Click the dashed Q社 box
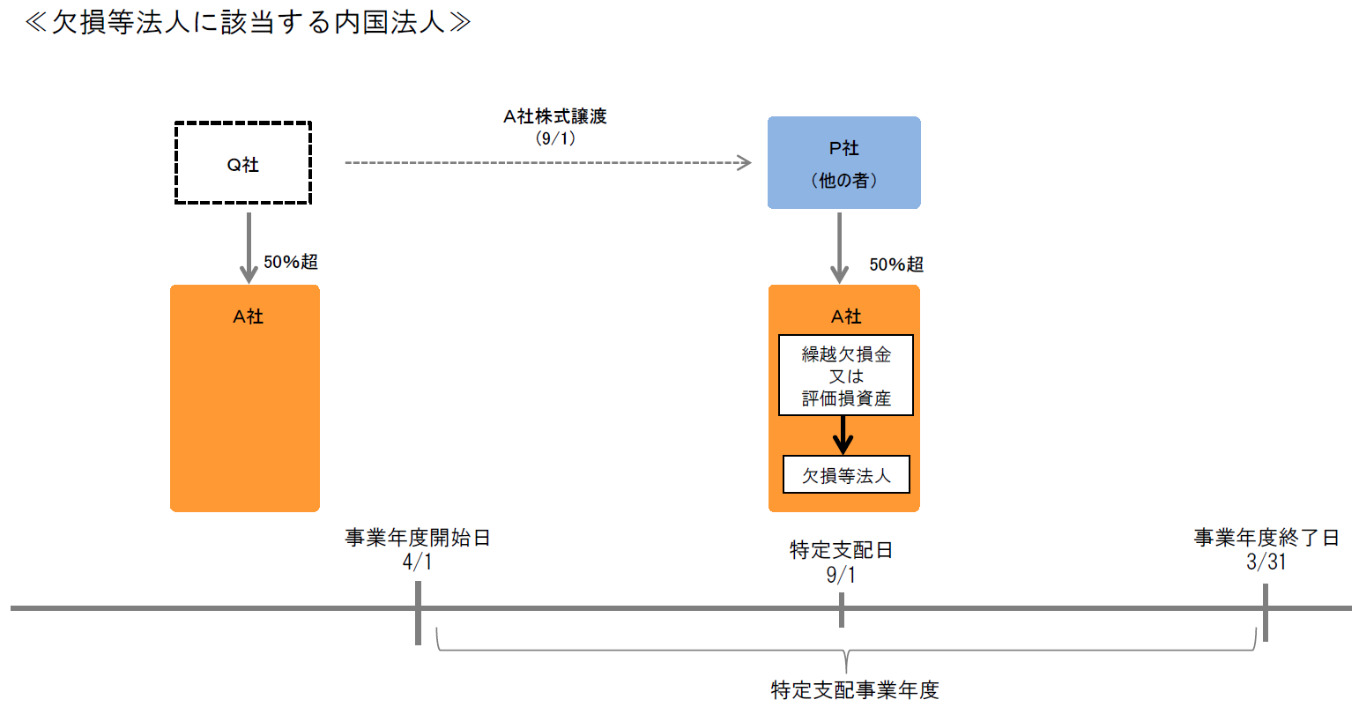243,164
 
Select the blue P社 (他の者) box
843,163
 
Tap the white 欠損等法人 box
846,475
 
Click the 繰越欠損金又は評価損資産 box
846,376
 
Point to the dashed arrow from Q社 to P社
546,163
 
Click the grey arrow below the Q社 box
249,247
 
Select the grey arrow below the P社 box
839,249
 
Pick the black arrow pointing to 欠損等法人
843,435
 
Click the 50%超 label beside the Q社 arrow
291,262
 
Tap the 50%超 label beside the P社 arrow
896,264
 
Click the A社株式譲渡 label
555,116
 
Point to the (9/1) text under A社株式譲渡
555,138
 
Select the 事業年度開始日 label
418,538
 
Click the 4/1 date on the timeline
418,562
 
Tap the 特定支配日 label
841,550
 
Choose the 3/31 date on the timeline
1266,562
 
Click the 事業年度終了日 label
1266,538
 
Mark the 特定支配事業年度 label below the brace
855,689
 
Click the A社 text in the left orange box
249,316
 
